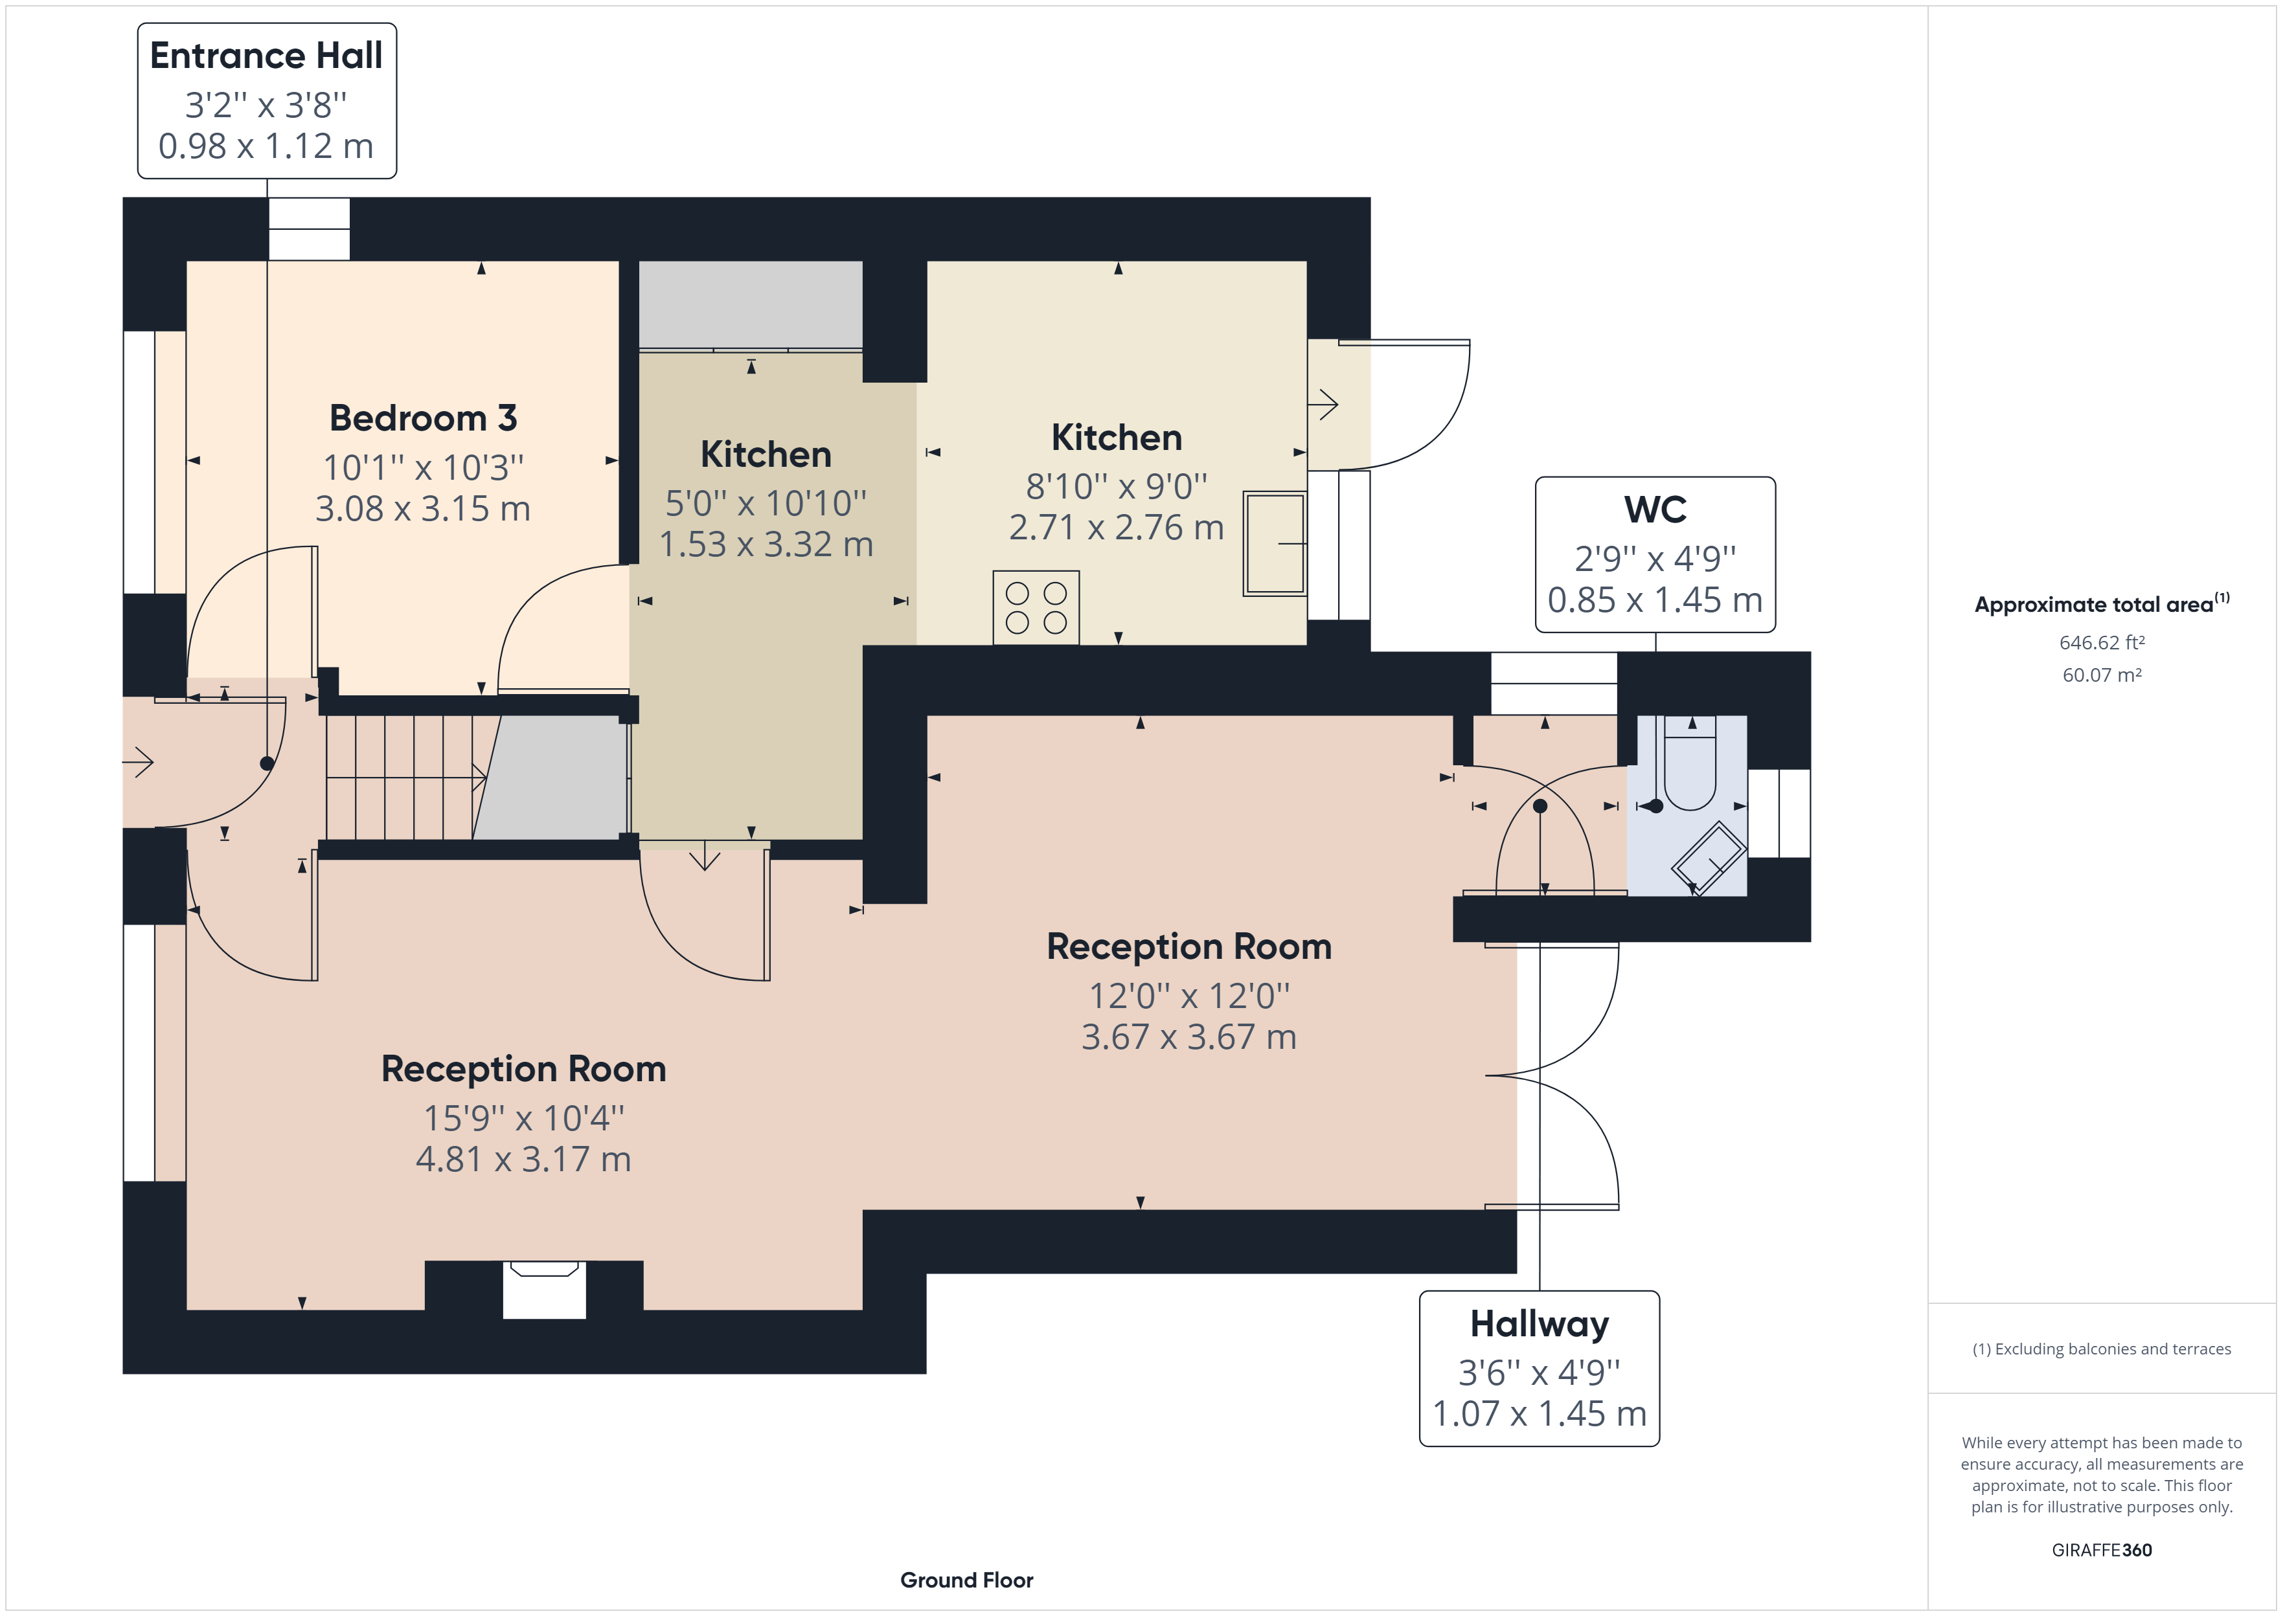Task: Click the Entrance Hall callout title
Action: [266, 56]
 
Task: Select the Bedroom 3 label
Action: [423, 418]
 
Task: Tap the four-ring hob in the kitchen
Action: [1036, 607]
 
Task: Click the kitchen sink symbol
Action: [1274, 543]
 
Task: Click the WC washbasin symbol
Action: [1708, 857]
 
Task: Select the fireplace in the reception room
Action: [543, 1288]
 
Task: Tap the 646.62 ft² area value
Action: [2101, 643]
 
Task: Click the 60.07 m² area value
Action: [2101, 675]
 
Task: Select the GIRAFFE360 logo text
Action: [2101, 1549]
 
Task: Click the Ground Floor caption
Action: [966, 1579]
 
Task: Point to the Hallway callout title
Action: [1539, 1323]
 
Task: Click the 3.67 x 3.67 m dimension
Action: [1188, 1037]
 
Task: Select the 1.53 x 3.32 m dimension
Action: [766, 544]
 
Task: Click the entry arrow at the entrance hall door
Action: [139, 763]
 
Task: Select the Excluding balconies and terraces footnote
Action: [2101, 1349]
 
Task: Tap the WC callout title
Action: [1654, 510]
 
